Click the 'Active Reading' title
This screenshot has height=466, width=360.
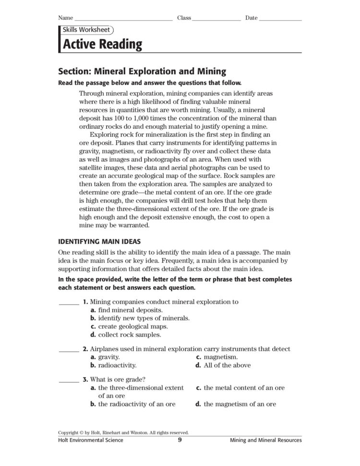(x=100, y=45)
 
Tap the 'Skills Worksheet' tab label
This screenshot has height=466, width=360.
(x=86, y=30)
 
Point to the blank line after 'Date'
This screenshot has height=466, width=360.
(x=280, y=19)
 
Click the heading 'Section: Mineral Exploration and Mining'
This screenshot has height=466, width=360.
(x=142, y=72)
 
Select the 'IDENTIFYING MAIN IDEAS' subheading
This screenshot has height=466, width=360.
(x=99, y=241)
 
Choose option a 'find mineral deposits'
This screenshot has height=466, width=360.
(x=126, y=310)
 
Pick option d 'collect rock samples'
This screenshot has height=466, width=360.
(x=126, y=334)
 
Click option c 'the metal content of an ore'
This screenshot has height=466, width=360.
(x=240, y=388)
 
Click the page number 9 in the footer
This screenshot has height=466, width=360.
(x=180, y=440)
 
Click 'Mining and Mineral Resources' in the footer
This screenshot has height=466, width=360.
(x=265, y=440)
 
